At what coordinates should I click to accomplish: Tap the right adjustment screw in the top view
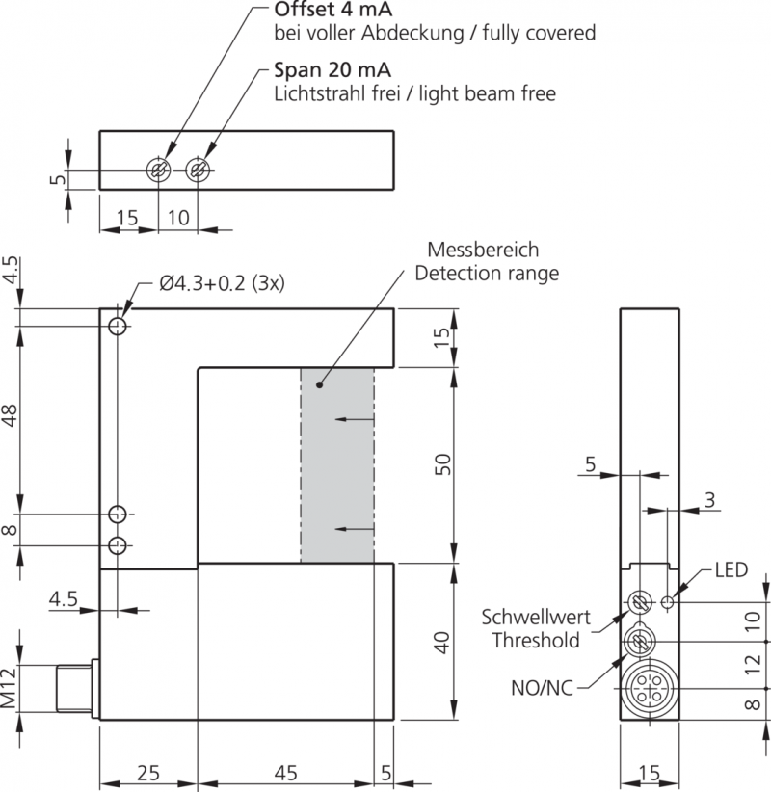[199, 171]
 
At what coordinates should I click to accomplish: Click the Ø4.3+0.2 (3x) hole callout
[223, 284]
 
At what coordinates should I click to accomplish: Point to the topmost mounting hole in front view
[118, 326]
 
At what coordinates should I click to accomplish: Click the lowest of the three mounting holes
[118, 546]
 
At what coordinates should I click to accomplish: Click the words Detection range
[486, 273]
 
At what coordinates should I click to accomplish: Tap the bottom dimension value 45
[285, 773]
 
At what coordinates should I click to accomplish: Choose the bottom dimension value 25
[147, 773]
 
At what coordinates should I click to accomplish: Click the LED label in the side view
[731, 570]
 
